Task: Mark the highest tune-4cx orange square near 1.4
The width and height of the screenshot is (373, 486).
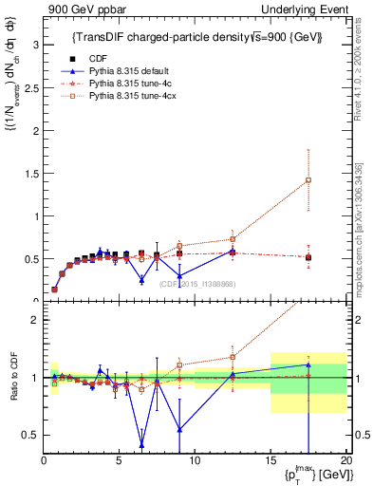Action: click(x=308, y=180)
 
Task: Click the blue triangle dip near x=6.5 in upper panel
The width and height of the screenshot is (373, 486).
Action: click(x=141, y=280)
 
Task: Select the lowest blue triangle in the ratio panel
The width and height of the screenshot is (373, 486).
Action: click(x=141, y=444)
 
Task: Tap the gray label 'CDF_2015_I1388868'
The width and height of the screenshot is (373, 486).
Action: click(x=197, y=283)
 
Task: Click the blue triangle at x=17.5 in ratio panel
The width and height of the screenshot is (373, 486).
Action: click(x=308, y=364)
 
